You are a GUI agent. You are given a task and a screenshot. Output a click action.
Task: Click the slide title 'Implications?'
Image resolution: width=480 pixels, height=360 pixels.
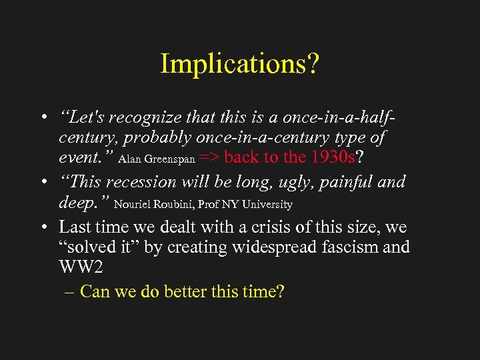point(240,63)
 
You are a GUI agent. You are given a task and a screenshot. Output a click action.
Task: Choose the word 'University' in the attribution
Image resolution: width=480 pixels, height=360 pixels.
point(267,205)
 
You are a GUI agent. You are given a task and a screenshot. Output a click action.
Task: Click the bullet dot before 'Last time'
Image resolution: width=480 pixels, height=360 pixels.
point(42,226)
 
